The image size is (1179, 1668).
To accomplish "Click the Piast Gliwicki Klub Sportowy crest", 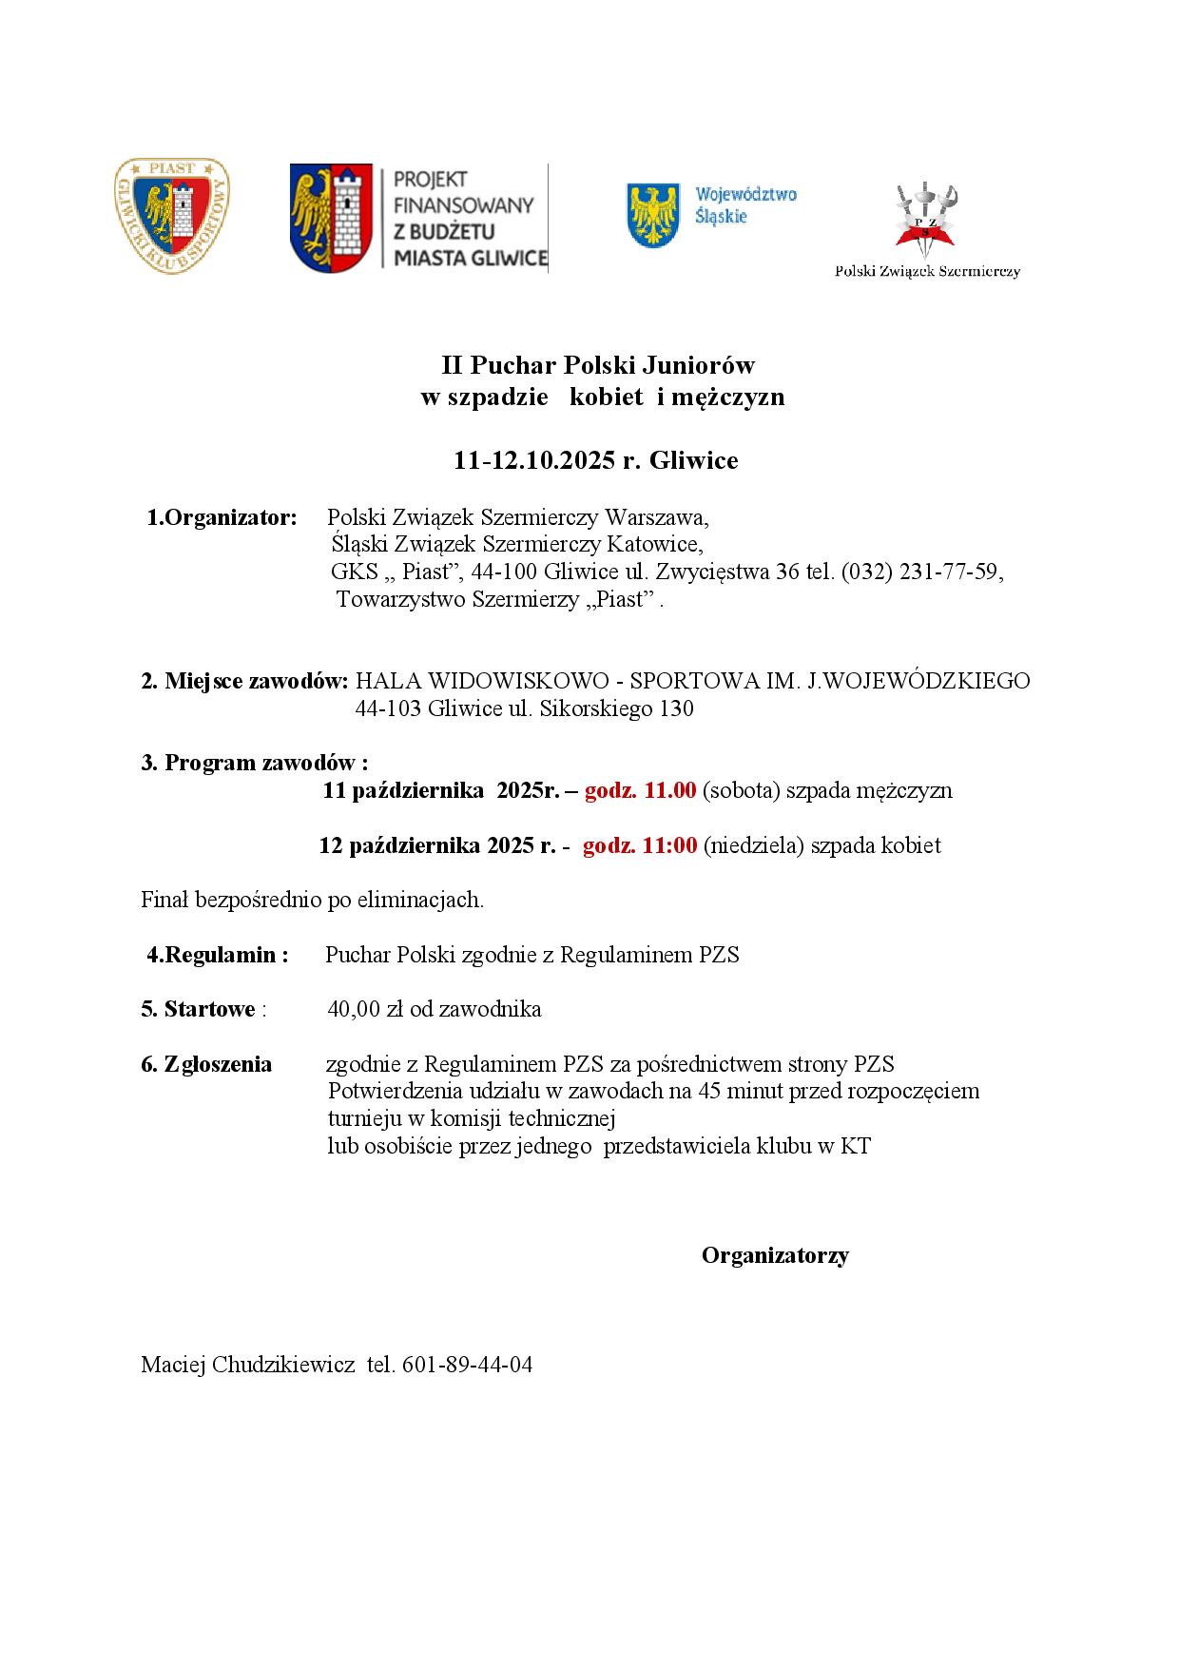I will pos(171,216).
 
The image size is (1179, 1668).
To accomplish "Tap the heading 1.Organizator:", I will pos(222,518).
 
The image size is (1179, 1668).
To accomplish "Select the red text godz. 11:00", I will pos(640,845).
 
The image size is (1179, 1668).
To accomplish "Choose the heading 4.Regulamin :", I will pos(218,955).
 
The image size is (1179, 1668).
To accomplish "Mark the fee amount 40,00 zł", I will pos(366,1009).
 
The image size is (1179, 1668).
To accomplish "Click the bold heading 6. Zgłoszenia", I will pos(206,1064).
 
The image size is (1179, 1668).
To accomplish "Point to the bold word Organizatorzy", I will pos(775,1255).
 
